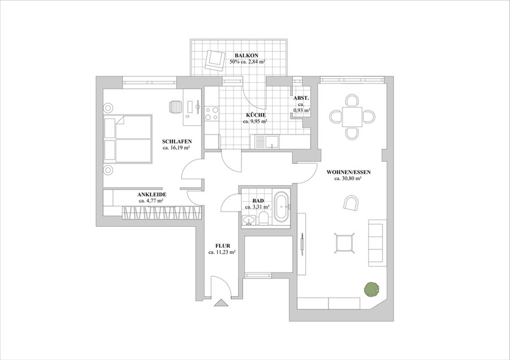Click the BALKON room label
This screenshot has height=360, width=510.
(x=246, y=56)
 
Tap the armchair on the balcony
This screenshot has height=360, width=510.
(x=215, y=60)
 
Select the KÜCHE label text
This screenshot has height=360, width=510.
(x=256, y=115)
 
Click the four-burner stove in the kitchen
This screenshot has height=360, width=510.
(x=212, y=114)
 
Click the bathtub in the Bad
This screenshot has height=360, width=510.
(x=281, y=207)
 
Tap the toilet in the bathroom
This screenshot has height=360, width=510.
(x=263, y=218)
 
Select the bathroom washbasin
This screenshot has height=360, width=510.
(x=249, y=220)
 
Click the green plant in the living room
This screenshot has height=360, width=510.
(x=372, y=289)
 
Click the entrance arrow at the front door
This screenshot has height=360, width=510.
(x=221, y=303)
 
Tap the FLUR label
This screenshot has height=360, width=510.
(x=223, y=246)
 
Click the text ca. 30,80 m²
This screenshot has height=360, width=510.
(x=348, y=178)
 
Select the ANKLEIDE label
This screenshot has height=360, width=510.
(x=152, y=194)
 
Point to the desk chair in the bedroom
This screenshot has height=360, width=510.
(x=176, y=106)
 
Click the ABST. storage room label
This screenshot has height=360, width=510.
(x=301, y=98)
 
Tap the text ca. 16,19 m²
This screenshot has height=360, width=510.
(x=176, y=147)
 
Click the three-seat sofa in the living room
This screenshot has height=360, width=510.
(x=377, y=243)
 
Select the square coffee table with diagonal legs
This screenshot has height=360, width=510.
(x=344, y=243)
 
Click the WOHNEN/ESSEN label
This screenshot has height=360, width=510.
(x=349, y=172)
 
